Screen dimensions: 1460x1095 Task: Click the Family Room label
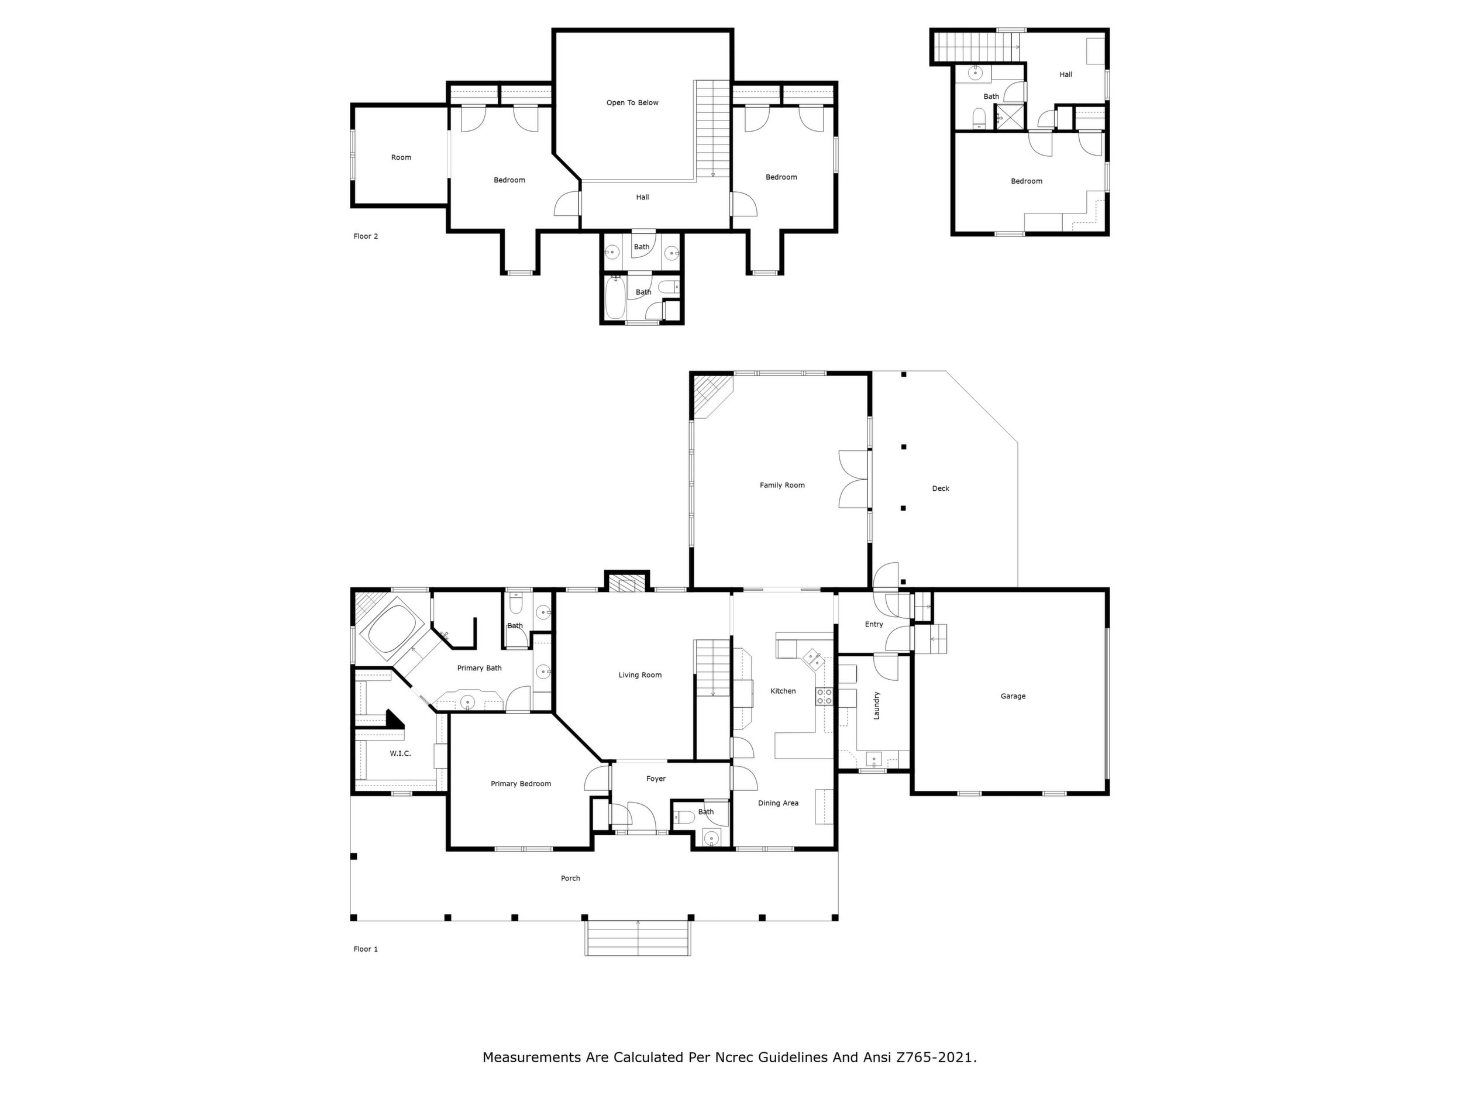[x=782, y=485]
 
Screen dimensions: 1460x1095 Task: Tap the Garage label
[x=1013, y=695]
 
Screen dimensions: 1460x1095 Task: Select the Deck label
[x=941, y=488]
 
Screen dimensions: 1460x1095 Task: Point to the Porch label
[x=570, y=878]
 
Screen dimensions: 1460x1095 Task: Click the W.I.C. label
[x=400, y=753]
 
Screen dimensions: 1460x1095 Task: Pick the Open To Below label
[x=632, y=102]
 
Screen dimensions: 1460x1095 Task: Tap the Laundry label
[x=877, y=705]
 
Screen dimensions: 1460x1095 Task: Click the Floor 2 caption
[x=366, y=236]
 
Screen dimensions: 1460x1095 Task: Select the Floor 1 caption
[x=366, y=949]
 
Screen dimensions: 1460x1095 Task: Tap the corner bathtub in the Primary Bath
[x=394, y=631]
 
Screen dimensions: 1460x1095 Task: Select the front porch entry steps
[x=638, y=938]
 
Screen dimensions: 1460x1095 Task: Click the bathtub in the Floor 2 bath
[x=615, y=298]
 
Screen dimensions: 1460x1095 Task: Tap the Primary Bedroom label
[x=521, y=783]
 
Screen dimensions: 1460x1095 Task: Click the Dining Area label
[x=778, y=803]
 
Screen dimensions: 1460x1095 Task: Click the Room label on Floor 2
[x=401, y=157]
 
